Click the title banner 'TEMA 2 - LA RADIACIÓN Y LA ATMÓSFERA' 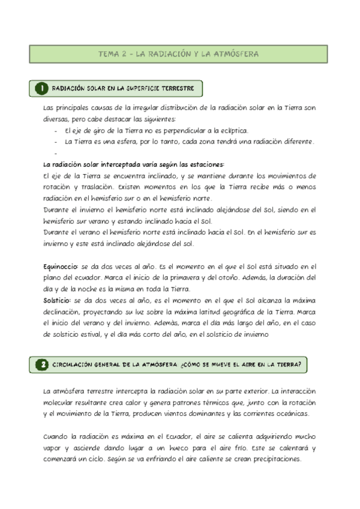click(179, 54)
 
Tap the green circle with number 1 click(42, 89)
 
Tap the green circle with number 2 click(42, 364)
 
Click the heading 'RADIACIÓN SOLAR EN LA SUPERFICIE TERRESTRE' click(123, 89)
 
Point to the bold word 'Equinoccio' click(58, 266)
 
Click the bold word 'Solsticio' click(57, 300)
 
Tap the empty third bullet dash click(55, 153)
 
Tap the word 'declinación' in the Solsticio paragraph click(62, 311)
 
